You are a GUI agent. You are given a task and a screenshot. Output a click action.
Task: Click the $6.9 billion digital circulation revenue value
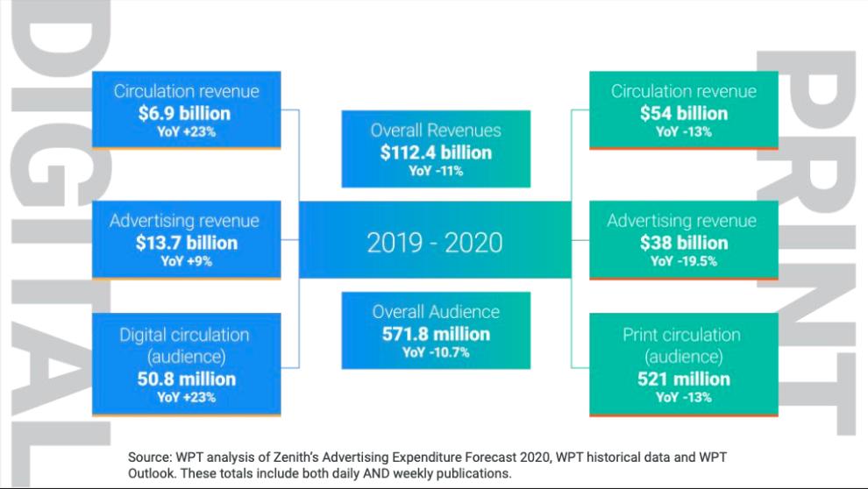tap(186, 113)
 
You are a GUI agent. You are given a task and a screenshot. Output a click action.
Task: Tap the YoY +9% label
tap(186, 261)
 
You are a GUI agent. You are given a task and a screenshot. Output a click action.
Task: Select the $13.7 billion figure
tap(186, 243)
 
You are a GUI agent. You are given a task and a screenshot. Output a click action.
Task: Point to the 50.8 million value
tap(186, 379)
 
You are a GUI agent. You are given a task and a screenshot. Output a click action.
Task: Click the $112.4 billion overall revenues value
tap(436, 152)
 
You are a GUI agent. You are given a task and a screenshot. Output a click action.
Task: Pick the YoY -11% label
tap(436, 171)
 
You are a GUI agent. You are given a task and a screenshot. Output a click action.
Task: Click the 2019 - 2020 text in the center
tap(435, 242)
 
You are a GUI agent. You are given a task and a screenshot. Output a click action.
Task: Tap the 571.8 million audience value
tap(436, 334)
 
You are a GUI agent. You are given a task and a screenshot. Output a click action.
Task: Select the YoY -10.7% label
tap(436, 352)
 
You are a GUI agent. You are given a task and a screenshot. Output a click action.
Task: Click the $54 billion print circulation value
tap(683, 113)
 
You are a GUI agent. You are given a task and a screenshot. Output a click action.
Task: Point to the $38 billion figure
tap(683, 243)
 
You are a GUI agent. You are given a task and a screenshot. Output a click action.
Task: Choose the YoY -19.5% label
tap(683, 261)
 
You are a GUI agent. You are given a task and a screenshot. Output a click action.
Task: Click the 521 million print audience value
tap(683, 379)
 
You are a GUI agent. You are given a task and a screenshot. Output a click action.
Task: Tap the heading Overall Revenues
tap(436, 131)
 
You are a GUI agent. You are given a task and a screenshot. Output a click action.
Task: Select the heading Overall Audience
tap(436, 312)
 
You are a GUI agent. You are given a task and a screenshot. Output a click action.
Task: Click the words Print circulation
tap(683, 335)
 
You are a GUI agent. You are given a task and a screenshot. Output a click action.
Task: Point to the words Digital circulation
tap(185, 335)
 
